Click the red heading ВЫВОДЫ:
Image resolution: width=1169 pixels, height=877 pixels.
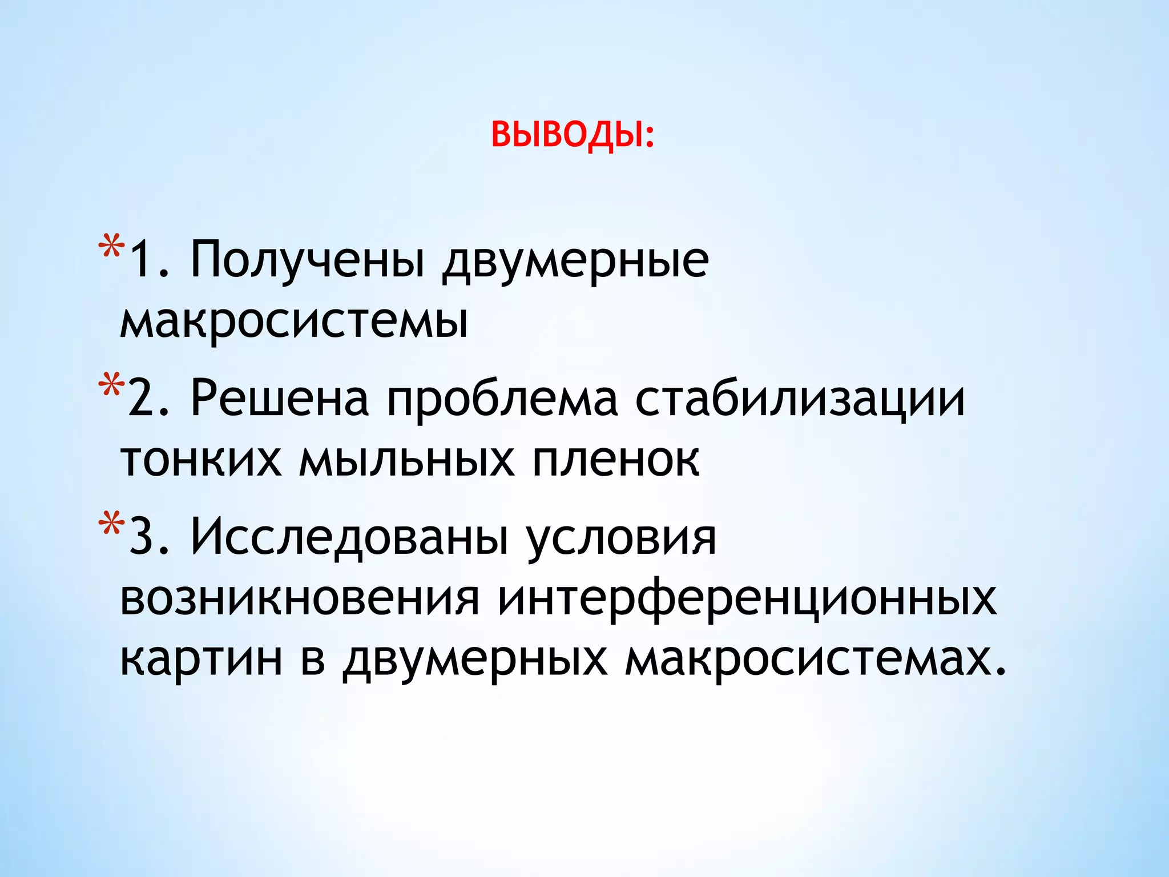(x=573, y=135)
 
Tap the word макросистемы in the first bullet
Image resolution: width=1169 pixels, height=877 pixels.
(x=294, y=321)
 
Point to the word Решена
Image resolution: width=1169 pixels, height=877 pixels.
(x=280, y=398)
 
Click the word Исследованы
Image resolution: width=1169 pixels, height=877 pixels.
(x=349, y=537)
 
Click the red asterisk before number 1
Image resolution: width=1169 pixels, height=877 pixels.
(x=111, y=247)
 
